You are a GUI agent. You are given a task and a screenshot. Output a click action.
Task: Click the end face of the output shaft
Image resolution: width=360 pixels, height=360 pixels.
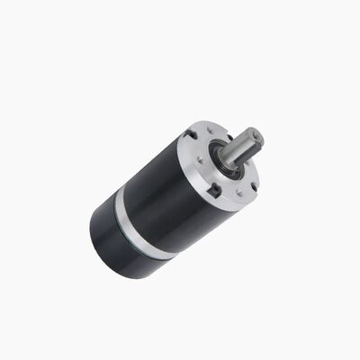point(256,138)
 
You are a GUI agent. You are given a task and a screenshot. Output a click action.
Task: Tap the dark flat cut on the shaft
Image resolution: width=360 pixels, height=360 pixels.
point(245,151)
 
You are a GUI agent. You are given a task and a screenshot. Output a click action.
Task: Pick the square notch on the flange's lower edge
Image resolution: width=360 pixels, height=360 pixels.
point(214,191)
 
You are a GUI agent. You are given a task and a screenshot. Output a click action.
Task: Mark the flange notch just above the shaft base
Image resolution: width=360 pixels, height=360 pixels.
point(232,132)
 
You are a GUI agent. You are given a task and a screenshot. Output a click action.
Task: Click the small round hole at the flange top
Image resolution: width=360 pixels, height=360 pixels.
point(210,130)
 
